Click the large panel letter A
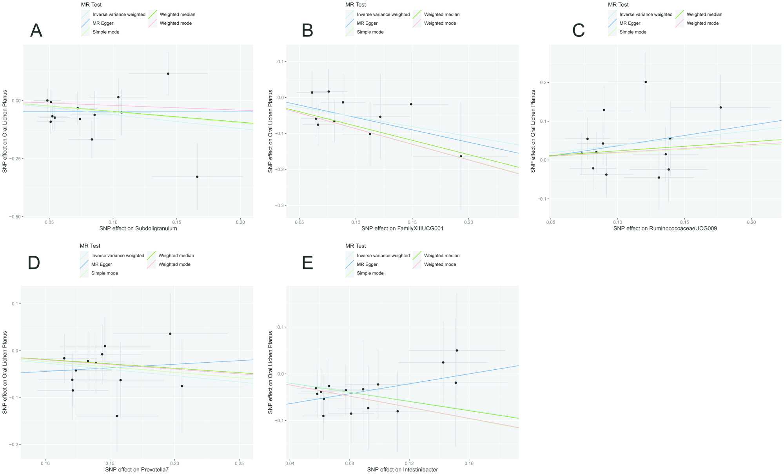[x=36, y=31]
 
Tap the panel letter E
[x=308, y=263]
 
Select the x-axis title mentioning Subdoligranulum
[x=138, y=229]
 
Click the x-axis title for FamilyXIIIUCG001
[x=402, y=229]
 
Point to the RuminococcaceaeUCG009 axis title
[x=665, y=229]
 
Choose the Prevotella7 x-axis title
[x=137, y=470]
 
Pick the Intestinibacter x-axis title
[x=402, y=470]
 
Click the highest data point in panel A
[x=168, y=74]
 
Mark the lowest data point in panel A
[x=197, y=177]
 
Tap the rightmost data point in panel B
[x=461, y=156]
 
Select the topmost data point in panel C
[x=646, y=82]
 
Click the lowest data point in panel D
[x=117, y=416]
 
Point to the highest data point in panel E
[x=457, y=351]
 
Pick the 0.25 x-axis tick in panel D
[x=239, y=463]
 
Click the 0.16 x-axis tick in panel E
[x=469, y=463]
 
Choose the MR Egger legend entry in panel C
[x=630, y=23]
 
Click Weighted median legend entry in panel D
[x=176, y=256]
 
